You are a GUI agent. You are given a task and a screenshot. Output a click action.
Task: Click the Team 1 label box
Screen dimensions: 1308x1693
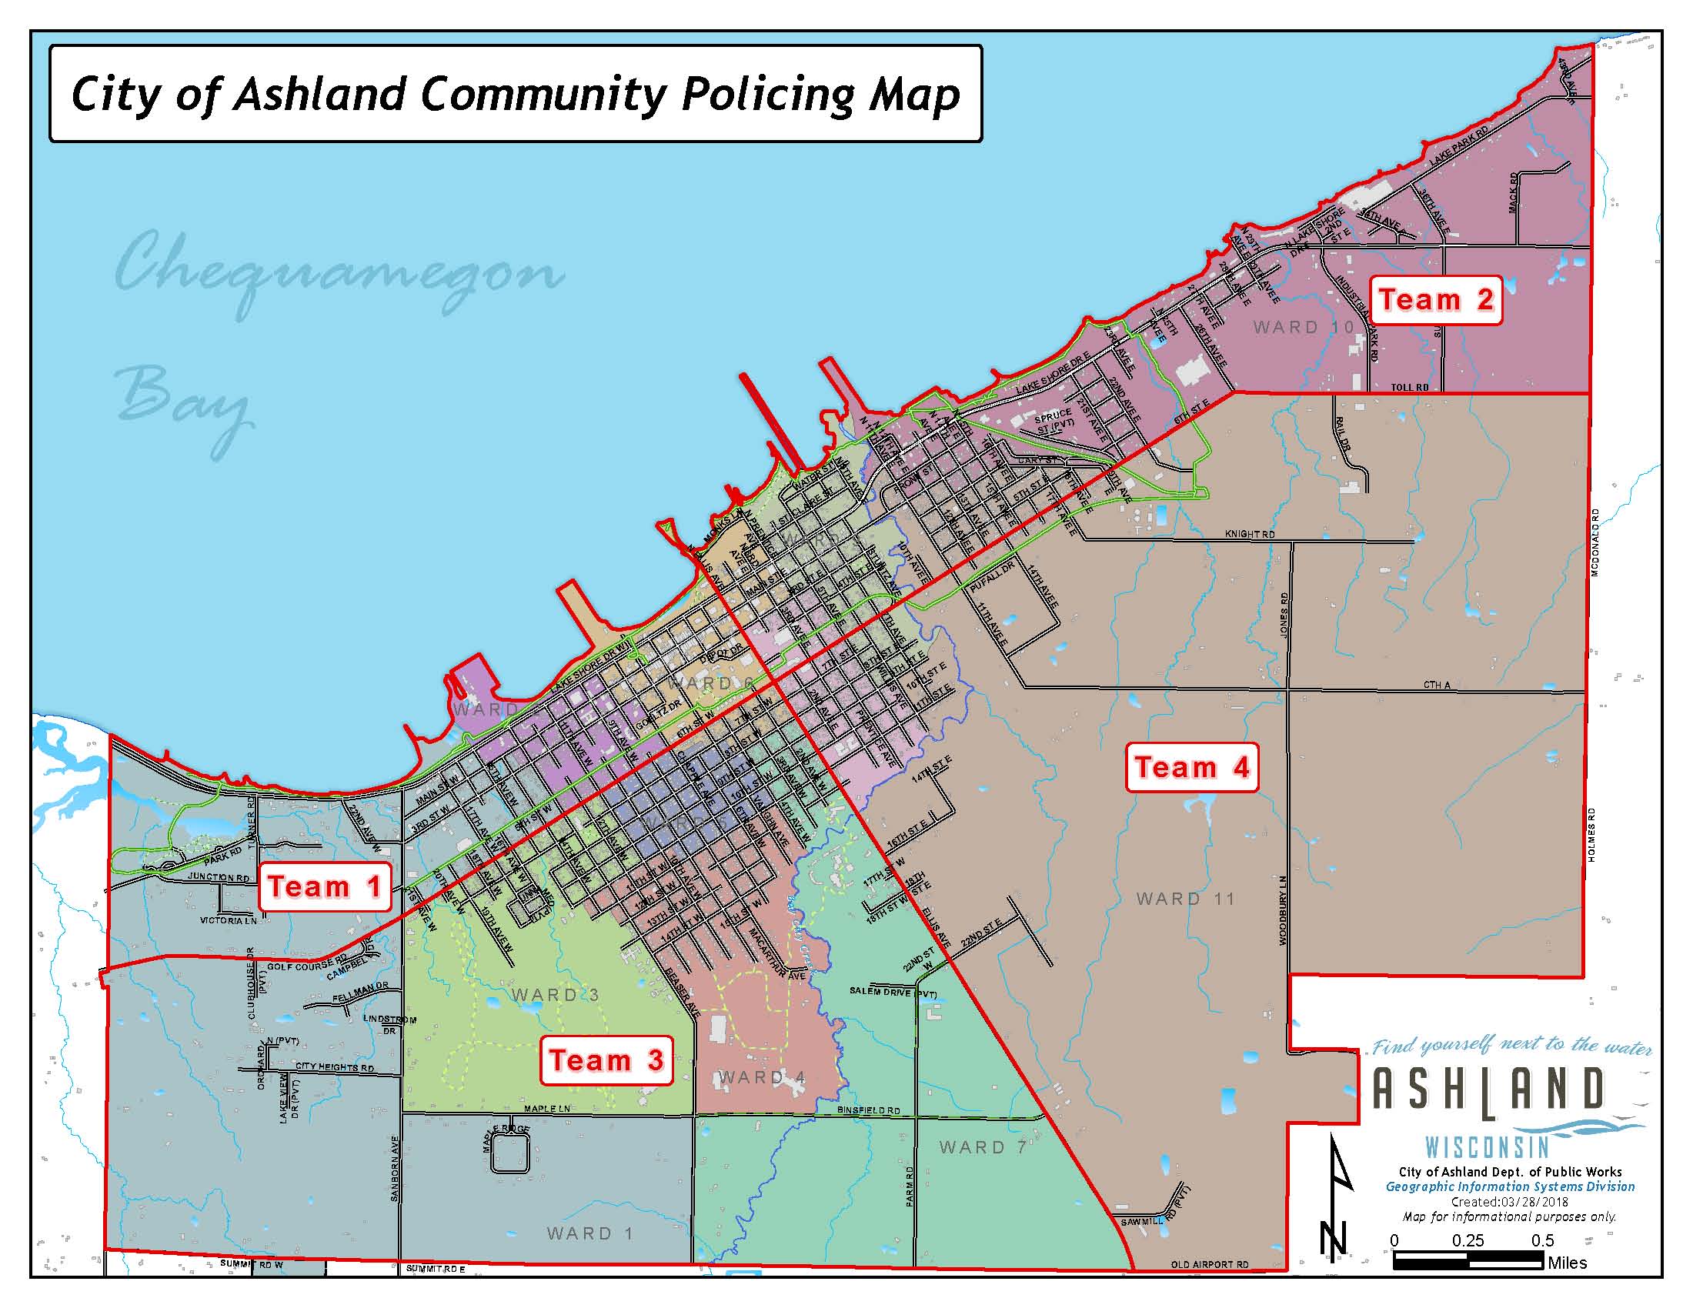(x=324, y=886)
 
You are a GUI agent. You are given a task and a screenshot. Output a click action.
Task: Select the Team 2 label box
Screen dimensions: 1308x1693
(x=1437, y=299)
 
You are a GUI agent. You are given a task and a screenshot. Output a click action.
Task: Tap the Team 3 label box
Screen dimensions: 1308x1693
(x=606, y=1060)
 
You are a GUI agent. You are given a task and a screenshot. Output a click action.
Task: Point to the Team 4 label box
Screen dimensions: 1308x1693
(x=1191, y=767)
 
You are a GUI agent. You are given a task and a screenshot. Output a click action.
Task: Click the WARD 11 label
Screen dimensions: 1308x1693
(x=1185, y=899)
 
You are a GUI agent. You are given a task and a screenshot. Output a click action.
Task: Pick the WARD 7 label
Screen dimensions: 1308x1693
(x=983, y=1147)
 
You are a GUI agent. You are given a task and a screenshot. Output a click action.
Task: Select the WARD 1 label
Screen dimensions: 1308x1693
(x=590, y=1233)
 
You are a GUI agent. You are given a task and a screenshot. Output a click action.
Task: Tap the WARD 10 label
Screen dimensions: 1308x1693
(x=1303, y=327)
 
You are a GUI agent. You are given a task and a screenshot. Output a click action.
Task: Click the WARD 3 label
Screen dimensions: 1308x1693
(x=555, y=994)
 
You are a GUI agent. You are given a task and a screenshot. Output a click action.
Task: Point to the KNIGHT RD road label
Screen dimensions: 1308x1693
(x=1250, y=534)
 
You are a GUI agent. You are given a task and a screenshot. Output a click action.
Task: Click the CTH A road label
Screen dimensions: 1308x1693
(x=1437, y=684)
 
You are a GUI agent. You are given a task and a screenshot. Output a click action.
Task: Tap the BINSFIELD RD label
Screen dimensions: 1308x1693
(x=868, y=1110)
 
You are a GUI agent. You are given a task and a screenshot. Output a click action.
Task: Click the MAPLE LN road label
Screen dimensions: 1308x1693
(x=546, y=1109)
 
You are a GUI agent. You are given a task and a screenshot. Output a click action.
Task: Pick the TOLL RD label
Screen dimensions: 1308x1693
(x=1409, y=388)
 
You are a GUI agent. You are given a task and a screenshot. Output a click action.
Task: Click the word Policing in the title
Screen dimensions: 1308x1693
(x=768, y=95)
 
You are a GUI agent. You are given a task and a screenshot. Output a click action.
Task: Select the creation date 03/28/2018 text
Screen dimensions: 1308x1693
(x=1532, y=1202)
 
